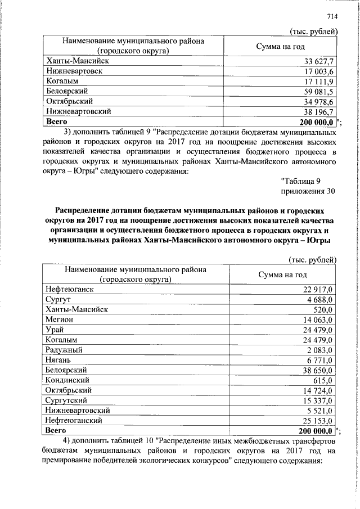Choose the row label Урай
click(55, 329)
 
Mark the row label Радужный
click(64, 350)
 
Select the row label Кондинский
click(67, 380)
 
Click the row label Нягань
click(58, 360)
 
